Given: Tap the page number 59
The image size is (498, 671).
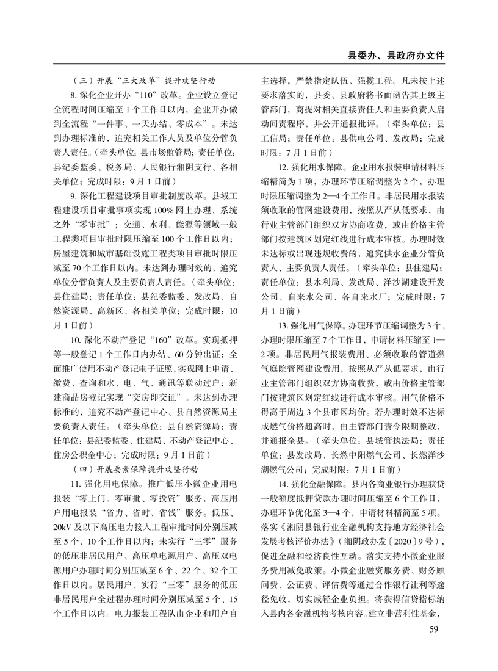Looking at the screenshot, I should tap(434, 629).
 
